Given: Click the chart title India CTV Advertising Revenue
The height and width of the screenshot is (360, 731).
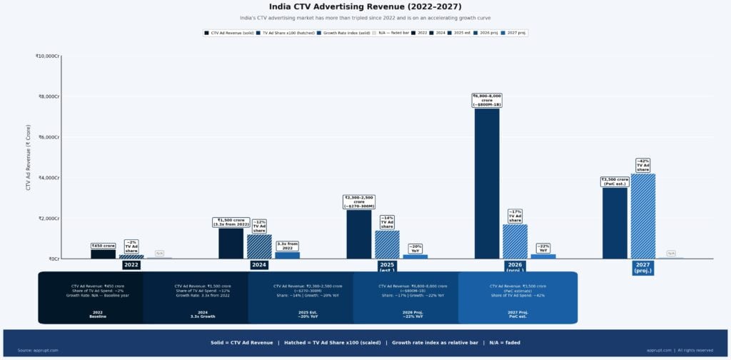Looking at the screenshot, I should coord(365,6).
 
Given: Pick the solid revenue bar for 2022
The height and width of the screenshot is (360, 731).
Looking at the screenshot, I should coord(103,254).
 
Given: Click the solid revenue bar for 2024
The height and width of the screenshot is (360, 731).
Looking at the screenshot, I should coord(231,243).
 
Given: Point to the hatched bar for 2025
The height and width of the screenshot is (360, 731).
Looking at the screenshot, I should coord(387,244).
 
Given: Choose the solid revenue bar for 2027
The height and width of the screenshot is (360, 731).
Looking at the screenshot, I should coord(615,223).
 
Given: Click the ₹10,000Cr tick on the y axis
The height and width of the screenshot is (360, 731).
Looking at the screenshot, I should coord(47,56).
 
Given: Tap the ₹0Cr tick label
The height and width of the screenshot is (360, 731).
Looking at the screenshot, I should coord(53,259).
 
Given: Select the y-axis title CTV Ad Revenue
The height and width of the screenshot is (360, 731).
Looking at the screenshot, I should coord(29,157).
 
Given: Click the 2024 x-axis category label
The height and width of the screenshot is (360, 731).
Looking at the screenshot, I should coord(259,265).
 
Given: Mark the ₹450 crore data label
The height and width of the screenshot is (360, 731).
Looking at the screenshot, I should coord(103,246).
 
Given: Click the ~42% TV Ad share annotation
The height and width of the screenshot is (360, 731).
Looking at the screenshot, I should coord(642,165).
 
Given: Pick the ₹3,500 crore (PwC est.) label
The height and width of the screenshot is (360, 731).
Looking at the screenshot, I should coord(615,181).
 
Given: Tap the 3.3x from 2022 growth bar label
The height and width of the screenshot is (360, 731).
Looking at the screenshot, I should coord(287,246).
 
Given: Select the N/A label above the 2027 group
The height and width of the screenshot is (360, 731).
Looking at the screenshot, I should coord(671,253).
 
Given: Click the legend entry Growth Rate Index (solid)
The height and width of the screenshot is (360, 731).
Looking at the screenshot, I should coord(345,33).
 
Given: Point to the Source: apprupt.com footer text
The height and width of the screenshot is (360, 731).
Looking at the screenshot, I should coord(38,350).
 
